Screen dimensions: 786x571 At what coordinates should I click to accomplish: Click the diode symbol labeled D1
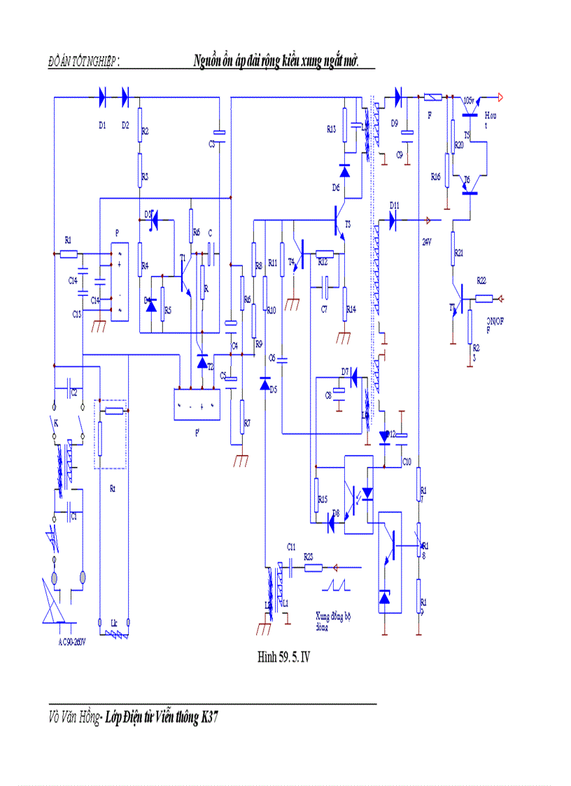tap(103, 98)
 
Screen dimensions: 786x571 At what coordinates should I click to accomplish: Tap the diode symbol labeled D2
tap(126, 98)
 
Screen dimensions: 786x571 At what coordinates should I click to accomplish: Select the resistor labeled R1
tap(68, 254)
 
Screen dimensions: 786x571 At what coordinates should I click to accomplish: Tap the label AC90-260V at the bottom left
tap(72, 642)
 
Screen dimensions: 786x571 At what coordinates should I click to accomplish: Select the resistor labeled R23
tap(309, 568)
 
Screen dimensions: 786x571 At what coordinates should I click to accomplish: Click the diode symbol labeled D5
tap(265, 384)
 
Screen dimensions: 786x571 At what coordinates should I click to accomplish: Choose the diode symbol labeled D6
tap(344, 170)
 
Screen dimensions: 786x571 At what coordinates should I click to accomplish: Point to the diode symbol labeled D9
tap(399, 98)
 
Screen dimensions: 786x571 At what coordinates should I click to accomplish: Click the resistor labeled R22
tap(484, 299)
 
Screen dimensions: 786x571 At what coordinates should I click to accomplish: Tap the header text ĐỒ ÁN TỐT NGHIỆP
tap(83, 62)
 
